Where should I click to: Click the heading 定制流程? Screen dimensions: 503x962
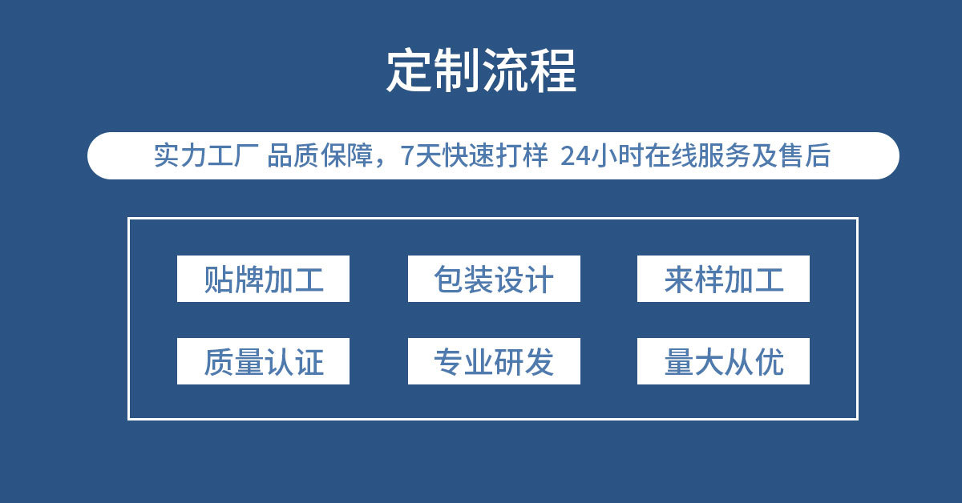pyautogui.click(x=481, y=71)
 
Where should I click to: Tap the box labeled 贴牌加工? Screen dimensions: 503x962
pyautogui.click(x=263, y=279)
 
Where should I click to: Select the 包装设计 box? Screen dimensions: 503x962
pyautogui.click(x=494, y=279)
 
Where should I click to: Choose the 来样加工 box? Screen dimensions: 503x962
pyautogui.click(x=723, y=279)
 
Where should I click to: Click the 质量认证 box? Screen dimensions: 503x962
pyautogui.click(x=263, y=361)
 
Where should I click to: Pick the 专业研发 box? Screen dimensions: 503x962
pyautogui.click(x=494, y=361)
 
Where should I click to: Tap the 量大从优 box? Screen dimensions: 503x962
pyautogui.click(x=723, y=361)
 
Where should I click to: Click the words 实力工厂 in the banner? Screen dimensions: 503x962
pyautogui.click(x=204, y=155)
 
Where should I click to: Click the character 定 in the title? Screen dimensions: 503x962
pyautogui.click(x=410, y=71)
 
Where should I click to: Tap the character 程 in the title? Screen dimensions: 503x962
pyautogui.click(x=553, y=71)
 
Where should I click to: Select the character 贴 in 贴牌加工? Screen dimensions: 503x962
pyautogui.click(x=218, y=280)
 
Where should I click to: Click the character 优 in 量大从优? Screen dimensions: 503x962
pyautogui.click(x=770, y=362)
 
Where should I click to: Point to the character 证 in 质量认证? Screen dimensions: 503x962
pyautogui.click(x=309, y=362)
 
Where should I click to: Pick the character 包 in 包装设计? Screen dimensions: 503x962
pyautogui.click(x=448, y=280)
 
